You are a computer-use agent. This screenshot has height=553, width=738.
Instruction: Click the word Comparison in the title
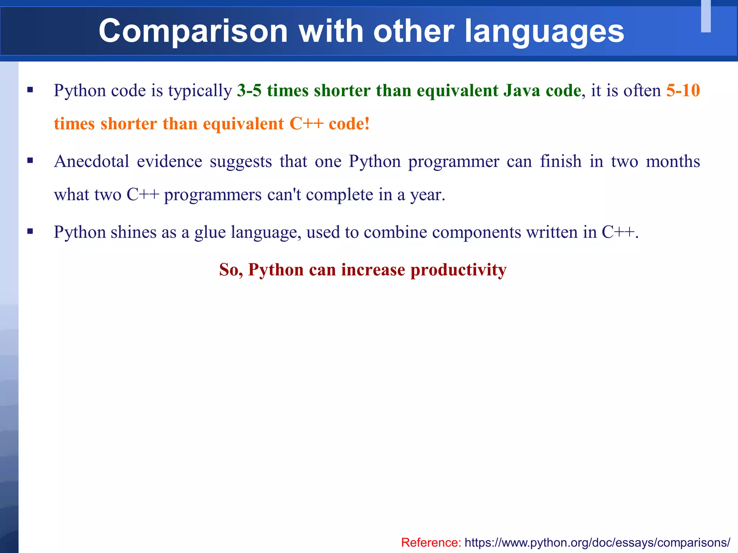point(193,32)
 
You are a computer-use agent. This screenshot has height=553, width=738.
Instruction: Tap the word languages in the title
point(544,32)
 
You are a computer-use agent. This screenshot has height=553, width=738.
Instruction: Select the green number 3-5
point(249,90)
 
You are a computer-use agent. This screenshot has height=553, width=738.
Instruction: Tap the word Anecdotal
point(92,161)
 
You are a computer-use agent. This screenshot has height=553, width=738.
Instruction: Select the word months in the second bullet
point(673,161)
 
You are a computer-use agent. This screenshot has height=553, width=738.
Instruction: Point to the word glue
point(210,232)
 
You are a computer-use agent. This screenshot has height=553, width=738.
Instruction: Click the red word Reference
point(431,542)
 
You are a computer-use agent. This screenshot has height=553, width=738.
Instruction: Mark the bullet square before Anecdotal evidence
point(30,161)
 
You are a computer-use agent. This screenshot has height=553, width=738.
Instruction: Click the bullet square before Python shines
point(30,231)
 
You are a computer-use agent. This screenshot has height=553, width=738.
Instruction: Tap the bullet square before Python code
point(30,90)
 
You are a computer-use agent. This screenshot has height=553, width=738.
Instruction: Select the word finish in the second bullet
point(561,161)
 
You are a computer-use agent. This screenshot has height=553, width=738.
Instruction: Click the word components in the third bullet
point(476,232)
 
